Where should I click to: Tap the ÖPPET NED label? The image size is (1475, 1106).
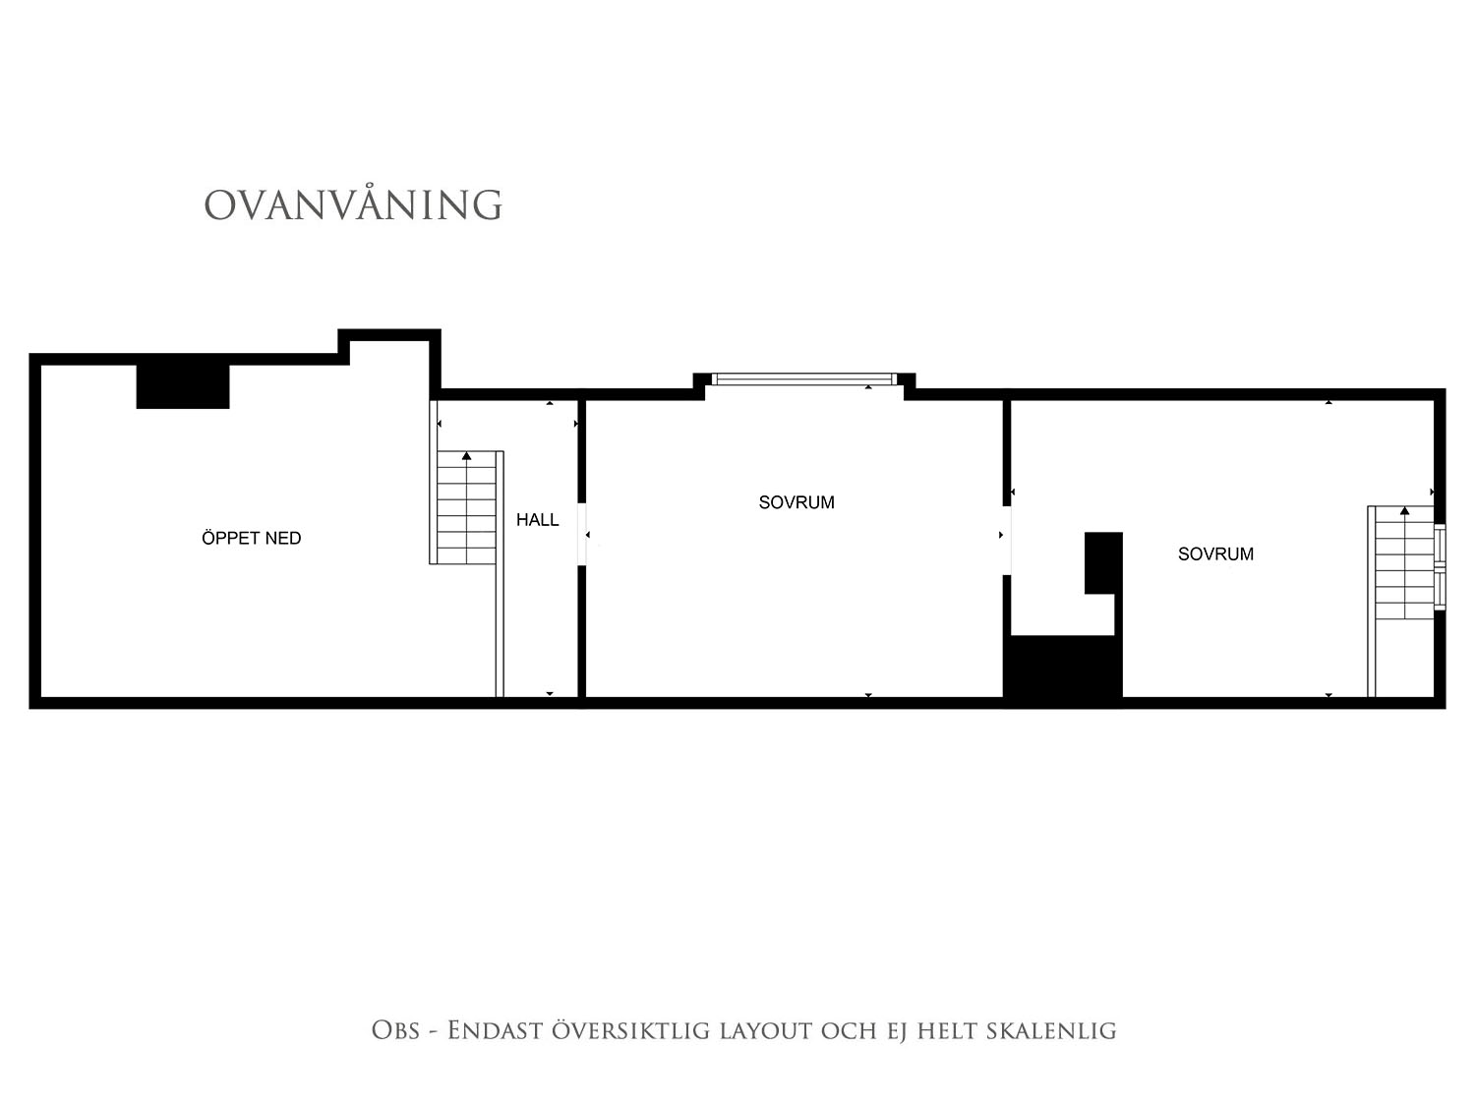[x=252, y=538]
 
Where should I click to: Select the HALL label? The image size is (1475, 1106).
[x=538, y=520]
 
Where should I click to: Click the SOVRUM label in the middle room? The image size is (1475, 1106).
[x=796, y=502]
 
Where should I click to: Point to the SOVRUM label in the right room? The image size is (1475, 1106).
[x=1215, y=554]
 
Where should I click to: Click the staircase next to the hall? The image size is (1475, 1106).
[x=466, y=507]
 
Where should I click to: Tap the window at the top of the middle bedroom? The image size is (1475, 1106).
[x=803, y=379]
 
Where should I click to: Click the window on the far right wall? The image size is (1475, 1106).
[x=1440, y=567]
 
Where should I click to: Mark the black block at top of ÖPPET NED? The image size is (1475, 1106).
[x=183, y=386]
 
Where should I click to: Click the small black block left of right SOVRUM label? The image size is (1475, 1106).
[x=1103, y=562]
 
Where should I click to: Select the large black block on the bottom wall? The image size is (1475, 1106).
[x=1062, y=670]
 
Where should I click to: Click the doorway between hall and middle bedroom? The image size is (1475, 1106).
[x=582, y=535]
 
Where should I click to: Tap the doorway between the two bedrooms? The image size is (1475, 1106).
[x=1007, y=541]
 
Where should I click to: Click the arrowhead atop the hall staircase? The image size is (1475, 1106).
[x=466, y=456]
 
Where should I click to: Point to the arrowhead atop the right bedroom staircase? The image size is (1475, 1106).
[x=1404, y=511]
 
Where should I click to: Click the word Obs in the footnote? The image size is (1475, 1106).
[x=396, y=1030]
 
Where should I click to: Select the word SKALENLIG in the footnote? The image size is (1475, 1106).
[x=1051, y=1031]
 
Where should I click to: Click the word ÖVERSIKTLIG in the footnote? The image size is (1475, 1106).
[x=630, y=1030]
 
